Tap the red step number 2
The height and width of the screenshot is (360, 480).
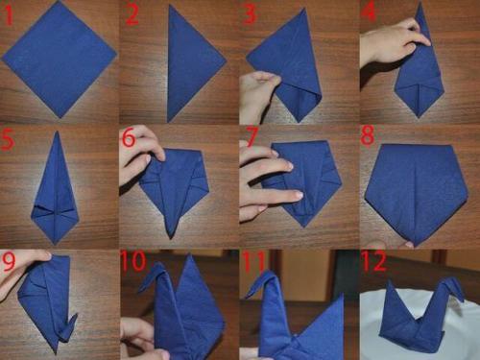pos(132,14)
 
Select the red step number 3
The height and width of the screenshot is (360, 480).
pos(250,13)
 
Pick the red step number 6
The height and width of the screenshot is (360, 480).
pos(129,137)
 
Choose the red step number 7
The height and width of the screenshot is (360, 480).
pos(251,137)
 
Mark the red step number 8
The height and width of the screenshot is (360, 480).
pos(368,135)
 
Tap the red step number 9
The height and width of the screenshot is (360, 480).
pos(9,261)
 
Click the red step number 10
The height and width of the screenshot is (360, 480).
pos(133,261)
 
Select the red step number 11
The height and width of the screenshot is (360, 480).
pos(253,261)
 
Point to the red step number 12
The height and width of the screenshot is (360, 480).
pos(374,261)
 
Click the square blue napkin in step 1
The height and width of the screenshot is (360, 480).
pos(60,60)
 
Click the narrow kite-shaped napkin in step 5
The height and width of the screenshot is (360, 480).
pos(55,188)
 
